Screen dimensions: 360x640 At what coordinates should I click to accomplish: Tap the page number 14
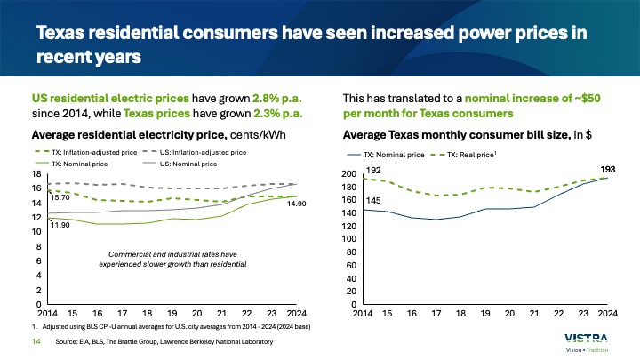(38, 341)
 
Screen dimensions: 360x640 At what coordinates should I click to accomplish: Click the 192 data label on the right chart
(374, 170)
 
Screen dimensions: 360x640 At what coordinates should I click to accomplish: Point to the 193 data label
(607, 169)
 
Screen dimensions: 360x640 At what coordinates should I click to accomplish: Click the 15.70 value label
(60, 198)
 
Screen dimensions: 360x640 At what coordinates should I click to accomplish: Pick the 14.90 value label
(271, 204)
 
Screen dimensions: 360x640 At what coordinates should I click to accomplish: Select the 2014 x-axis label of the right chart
(363, 314)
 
